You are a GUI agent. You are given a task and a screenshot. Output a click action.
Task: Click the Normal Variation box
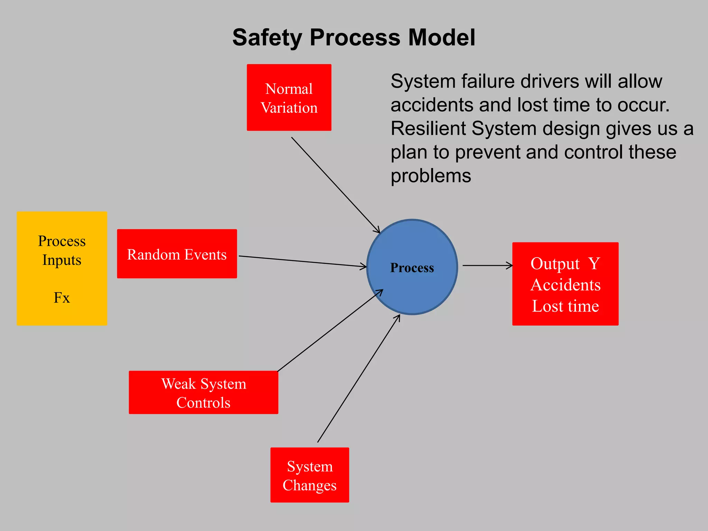pos(289,97)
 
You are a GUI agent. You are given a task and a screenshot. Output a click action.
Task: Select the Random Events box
pos(177,254)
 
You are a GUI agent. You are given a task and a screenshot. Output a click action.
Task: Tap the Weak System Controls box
pos(203,393)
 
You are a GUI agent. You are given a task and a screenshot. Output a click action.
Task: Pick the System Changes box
pos(309,475)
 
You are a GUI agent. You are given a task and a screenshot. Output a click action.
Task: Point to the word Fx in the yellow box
pos(62,298)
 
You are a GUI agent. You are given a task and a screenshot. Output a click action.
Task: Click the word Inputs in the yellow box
pos(62,260)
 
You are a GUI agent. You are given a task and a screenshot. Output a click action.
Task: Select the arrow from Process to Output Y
pos(487,265)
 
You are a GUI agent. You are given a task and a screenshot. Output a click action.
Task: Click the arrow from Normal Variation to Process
pos(335,185)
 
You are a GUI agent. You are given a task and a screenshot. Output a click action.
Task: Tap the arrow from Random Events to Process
pos(302,261)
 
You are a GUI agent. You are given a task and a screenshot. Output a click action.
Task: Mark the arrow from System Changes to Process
pos(358,379)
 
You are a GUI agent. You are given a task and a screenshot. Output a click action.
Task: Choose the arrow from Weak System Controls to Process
pos(330,330)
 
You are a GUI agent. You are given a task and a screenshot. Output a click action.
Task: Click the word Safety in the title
pos(267,38)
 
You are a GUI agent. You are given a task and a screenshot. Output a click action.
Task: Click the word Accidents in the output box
pos(566,285)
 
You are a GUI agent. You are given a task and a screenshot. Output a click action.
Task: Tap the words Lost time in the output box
pos(565,306)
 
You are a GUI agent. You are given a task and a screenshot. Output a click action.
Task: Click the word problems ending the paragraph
pos(431,176)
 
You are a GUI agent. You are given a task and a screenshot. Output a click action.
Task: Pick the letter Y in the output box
pos(594,263)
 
